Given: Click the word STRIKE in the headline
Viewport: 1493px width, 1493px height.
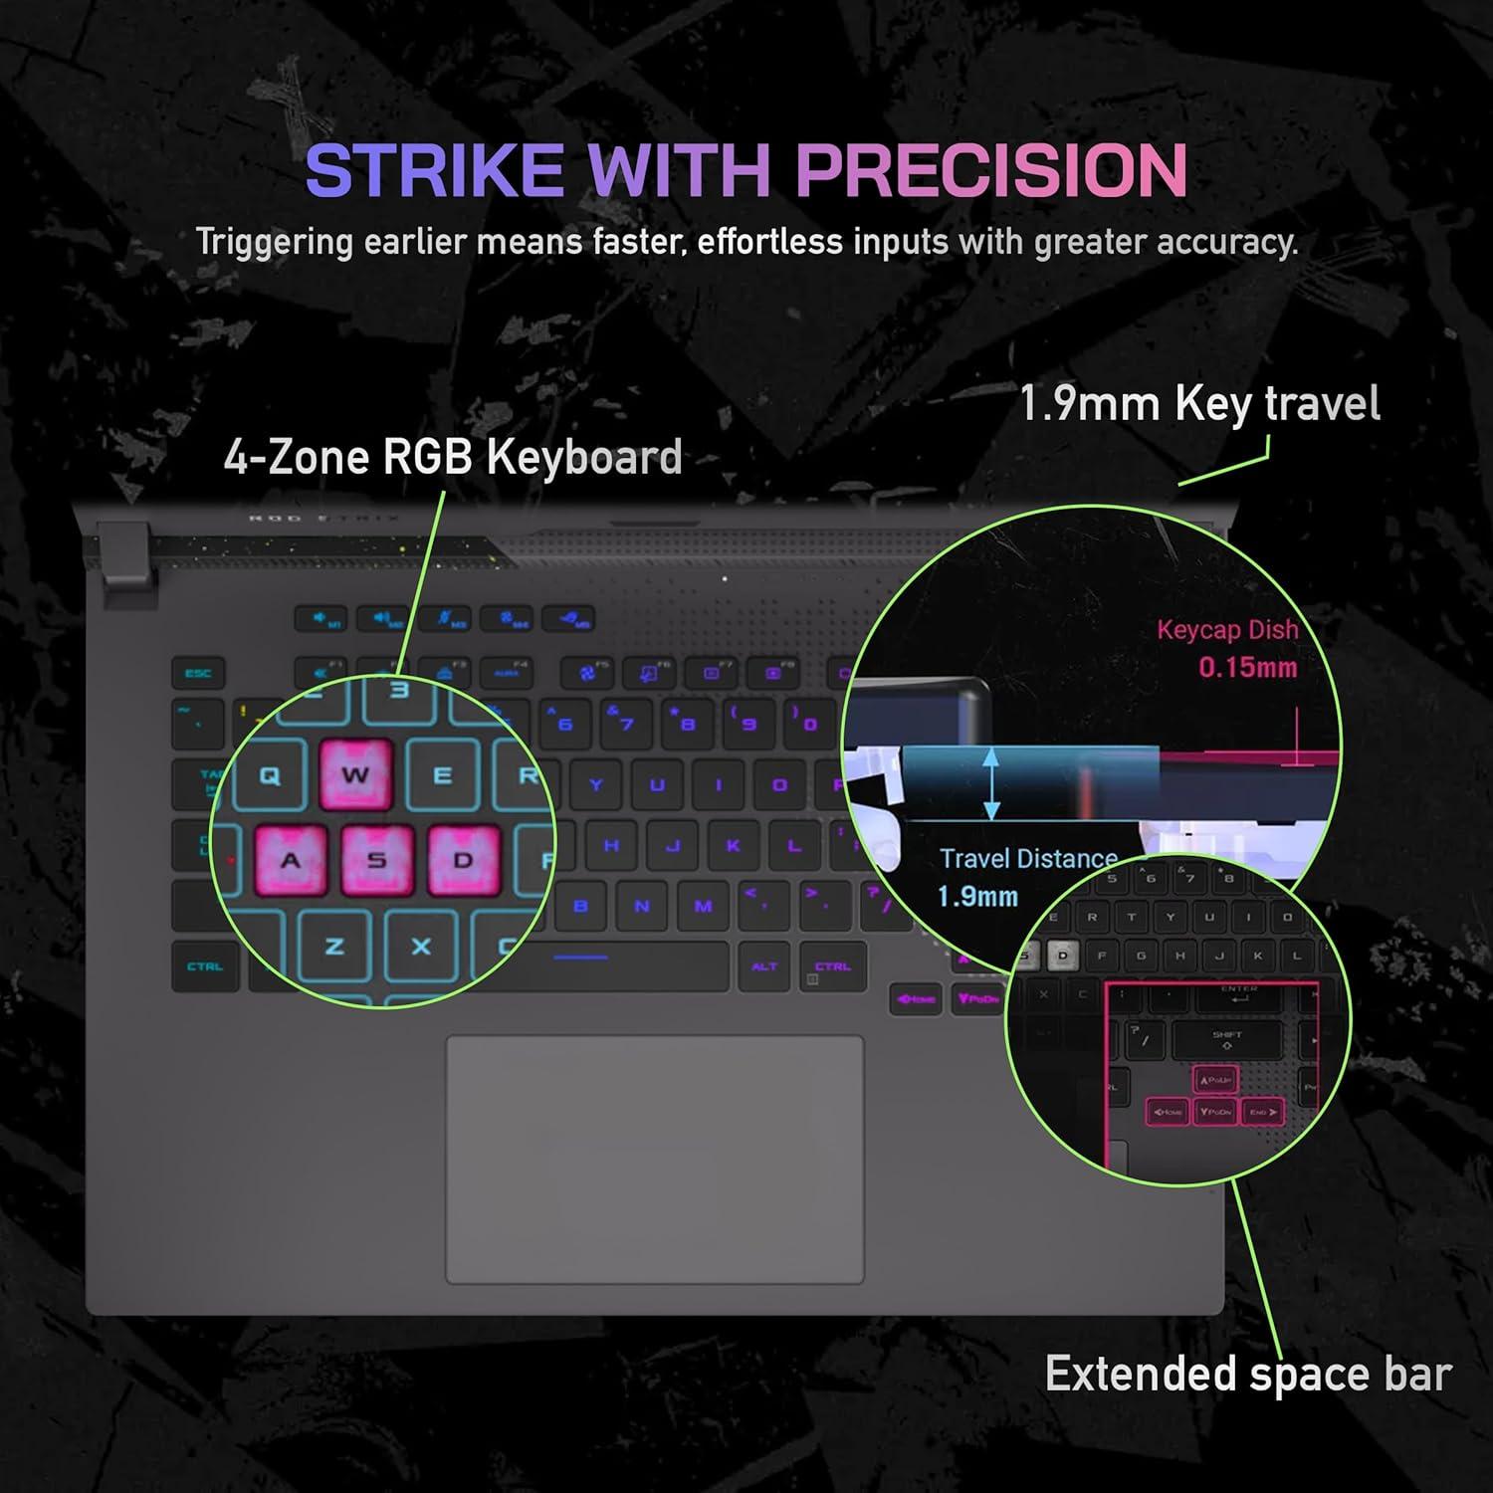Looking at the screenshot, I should pos(435,170).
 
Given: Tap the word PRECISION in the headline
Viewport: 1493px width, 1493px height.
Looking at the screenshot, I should pos(991,170).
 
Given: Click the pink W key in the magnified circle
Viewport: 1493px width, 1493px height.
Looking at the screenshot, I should pos(355,774).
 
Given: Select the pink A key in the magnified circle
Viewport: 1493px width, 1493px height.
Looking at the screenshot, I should pos(291,860).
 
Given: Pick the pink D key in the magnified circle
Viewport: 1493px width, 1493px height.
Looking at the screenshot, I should pos(463,860).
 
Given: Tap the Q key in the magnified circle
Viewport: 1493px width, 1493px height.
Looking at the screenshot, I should pos(269,776).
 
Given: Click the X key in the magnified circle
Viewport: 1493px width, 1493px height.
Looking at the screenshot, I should pos(421,947).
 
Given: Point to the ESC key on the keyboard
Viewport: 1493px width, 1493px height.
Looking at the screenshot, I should pos(198,674).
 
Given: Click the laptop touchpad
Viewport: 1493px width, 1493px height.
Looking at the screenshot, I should pos(654,1160).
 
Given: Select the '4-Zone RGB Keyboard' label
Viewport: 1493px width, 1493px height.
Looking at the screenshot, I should pos(453,457).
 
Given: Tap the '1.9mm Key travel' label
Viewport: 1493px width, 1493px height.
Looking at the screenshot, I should pos(1199,404).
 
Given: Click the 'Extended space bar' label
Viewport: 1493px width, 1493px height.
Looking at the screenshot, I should pos(1248,1374).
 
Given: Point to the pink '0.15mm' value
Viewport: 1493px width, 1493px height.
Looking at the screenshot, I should pos(1248,667).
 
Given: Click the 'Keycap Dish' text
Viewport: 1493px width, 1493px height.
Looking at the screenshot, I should pos(1227,629).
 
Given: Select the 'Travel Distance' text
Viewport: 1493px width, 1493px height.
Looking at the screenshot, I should pos(1028,858).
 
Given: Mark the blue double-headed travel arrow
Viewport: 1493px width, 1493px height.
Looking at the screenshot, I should pos(991,783).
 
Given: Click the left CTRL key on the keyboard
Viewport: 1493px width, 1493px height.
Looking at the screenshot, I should pos(205,966).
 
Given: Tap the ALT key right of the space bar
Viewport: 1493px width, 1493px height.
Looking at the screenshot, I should pos(764,966).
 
